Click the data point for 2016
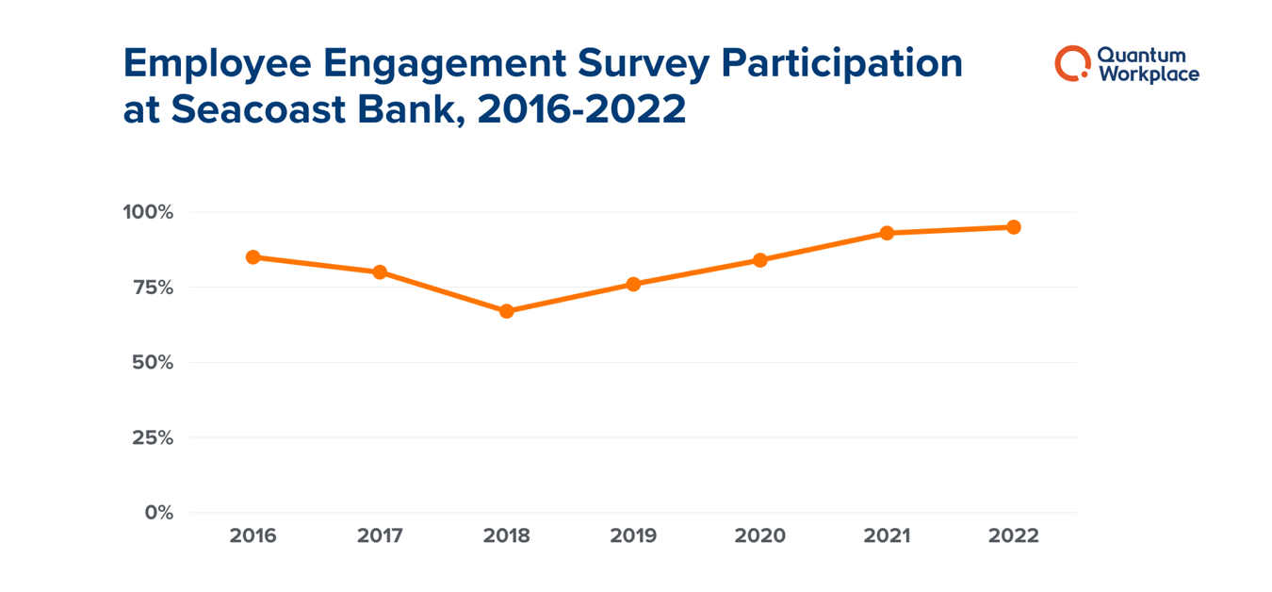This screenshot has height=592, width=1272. (x=253, y=257)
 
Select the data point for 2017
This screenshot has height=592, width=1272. (x=380, y=272)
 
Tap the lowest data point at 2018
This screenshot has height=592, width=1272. (x=506, y=311)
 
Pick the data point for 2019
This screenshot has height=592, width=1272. (x=633, y=284)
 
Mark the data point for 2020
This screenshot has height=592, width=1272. (x=760, y=260)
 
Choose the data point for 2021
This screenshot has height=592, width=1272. (x=887, y=233)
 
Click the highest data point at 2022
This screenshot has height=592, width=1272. (x=1014, y=227)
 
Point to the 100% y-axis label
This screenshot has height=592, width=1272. (x=148, y=212)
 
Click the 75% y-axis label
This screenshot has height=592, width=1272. (x=152, y=288)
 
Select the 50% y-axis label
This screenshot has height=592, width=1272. (x=152, y=363)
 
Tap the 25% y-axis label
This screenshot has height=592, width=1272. (x=152, y=438)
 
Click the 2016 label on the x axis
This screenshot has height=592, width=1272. (x=253, y=536)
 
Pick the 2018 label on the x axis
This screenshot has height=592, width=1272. (x=506, y=536)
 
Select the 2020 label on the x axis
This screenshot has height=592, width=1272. (x=760, y=536)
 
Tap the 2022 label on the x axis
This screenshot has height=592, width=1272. (x=1014, y=536)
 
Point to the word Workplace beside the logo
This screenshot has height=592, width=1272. (x=1148, y=74)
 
